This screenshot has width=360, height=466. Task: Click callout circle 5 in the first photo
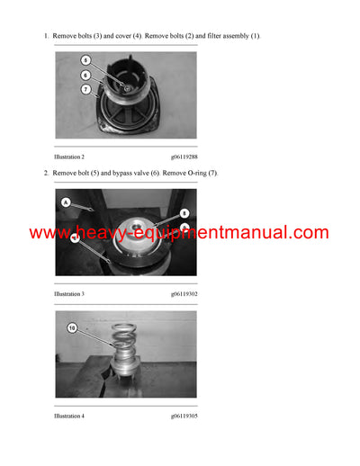coord(85,61)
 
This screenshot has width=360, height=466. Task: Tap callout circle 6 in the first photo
coord(85,76)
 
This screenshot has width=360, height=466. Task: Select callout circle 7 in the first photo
coord(85,89)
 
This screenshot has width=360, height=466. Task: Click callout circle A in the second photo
coord(65,203)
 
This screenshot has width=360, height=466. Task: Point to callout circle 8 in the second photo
coord(184,213)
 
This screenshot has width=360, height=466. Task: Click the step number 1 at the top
coord(45,35)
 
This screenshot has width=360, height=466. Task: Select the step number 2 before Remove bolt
coord(45,173)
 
